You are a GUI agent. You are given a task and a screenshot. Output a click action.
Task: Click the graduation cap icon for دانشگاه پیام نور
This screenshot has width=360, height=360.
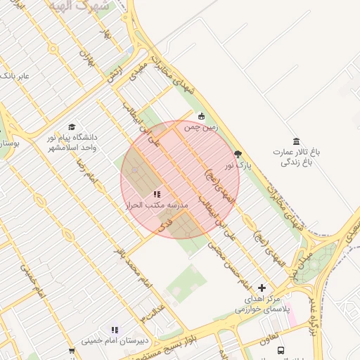[x=72, y=127]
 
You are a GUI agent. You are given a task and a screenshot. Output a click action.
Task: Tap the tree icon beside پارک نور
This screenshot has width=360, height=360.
[x=238, y=154]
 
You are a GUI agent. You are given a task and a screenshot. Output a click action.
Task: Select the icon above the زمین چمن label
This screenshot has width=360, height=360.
[x=202, y=117]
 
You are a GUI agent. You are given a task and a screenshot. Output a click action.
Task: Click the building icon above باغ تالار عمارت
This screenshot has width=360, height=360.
[x=296, y=141]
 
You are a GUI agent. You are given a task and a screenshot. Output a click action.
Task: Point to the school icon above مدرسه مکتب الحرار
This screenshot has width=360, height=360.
[x=157, y=193]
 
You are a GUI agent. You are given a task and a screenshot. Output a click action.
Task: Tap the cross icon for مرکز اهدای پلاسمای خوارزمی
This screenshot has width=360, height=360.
[x=262, y=288]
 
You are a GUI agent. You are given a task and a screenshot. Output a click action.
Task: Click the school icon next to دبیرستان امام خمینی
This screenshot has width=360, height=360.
[x=115, y=329]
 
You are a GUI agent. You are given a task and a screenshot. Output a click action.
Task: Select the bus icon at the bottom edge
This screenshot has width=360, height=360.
[x=281, y=350]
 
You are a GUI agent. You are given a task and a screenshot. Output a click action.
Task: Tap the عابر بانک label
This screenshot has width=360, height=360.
[x=15, y=75]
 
